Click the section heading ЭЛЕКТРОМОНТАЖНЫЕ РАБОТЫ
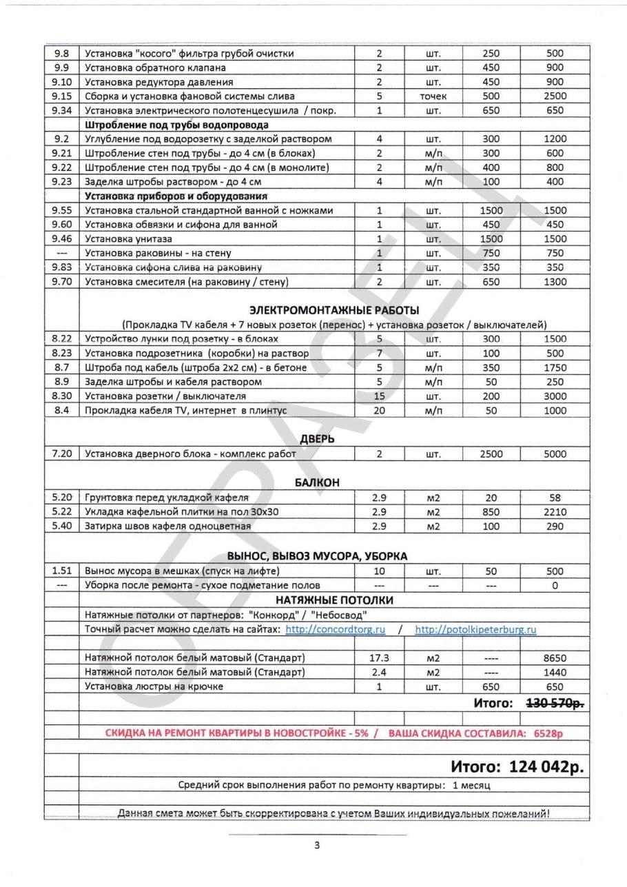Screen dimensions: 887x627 334,309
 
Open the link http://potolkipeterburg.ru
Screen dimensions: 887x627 476,629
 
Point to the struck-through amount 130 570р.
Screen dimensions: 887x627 555,703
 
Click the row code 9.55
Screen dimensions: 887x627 63,210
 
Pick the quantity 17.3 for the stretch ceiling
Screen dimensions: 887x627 379,657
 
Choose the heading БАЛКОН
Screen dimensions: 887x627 318,482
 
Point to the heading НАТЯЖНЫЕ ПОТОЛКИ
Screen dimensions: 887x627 335,600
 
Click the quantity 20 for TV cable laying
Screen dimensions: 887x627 379,411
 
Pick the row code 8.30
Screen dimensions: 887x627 63,396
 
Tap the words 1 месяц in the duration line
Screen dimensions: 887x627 472,784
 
